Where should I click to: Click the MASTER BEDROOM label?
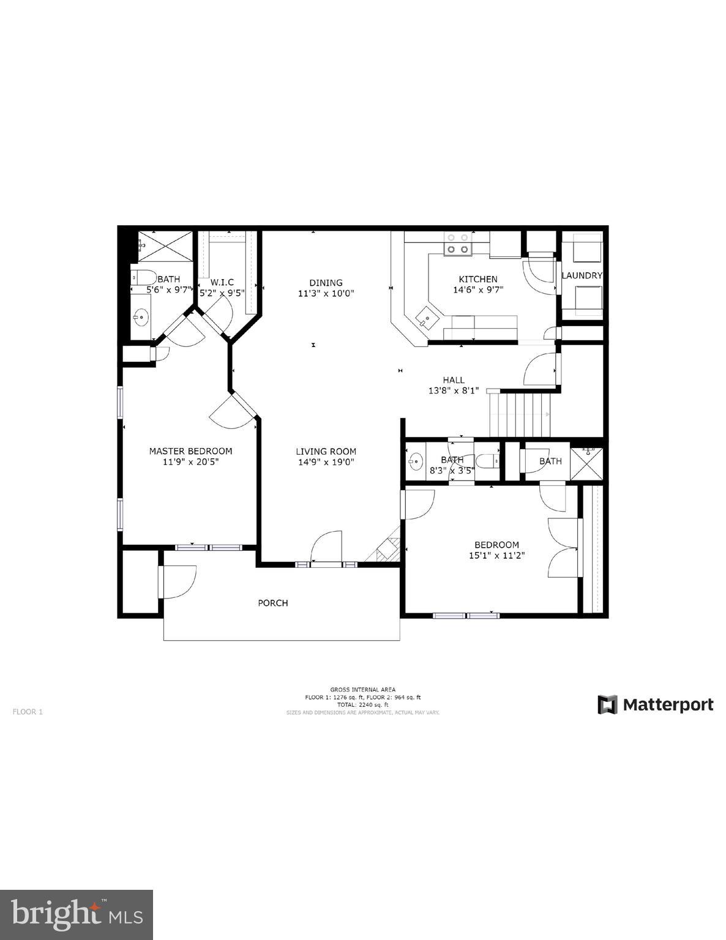pos(190,451)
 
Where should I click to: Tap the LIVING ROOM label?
pos(326,451)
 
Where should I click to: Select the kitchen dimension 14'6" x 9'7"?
pos(478,290)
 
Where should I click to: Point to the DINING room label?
pos(326,283)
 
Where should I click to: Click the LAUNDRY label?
pos(582,275)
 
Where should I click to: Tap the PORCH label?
pos(272,603)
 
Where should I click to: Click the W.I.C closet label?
pos(222,282)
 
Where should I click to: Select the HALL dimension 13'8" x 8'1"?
pos(453,390)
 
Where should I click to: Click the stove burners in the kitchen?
pos(458,243)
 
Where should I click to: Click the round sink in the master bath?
pos(141,316)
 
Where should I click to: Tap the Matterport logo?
pos(656,704)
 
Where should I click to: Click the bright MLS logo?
pos(77,914)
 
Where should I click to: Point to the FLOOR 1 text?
pos(28,712)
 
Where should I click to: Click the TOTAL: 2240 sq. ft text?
pos(363,705)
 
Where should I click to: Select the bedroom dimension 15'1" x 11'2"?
pos(496,556)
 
